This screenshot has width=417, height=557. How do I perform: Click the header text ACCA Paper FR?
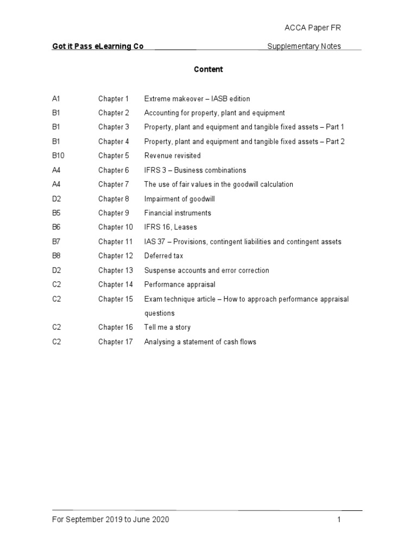pyautogui.click(x=314, y=28)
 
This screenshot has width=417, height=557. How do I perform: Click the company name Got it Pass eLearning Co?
pyautogui.click(x=98, y=46)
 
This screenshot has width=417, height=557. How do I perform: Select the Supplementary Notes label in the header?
pyautogui.click(x=304, y=46)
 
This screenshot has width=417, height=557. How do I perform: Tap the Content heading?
pyautogui.click(x=208, y=70)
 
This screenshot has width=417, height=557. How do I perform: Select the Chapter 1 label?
pyautogui.click(x=113, y=99)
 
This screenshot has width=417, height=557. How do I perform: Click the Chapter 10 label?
pyautogui.click(x=115, y=227)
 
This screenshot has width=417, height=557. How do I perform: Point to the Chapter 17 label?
pyautogui.click(x=115, y=342)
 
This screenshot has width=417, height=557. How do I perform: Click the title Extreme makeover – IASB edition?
pyautogui.click(x=197, y=99)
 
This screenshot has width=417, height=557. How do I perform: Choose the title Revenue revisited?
pyautogui.click(x=172, y=156)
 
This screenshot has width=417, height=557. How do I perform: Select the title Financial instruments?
pyautogui.click(x=178, y=213)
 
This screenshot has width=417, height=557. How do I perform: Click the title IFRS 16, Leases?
pyautogui.click(x=170, y=227)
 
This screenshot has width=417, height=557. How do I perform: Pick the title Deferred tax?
pyautogui.click(x=163, y=256)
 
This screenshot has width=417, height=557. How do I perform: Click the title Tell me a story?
pyautogui.click(x=167, y=327)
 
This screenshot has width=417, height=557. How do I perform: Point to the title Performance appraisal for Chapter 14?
pyautogui.click(x=180, y=284)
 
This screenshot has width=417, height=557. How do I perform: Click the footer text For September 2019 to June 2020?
pyautogui.click(x=110, y=519)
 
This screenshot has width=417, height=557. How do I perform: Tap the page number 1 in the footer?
pyautogui.click(x=339, y=519)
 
